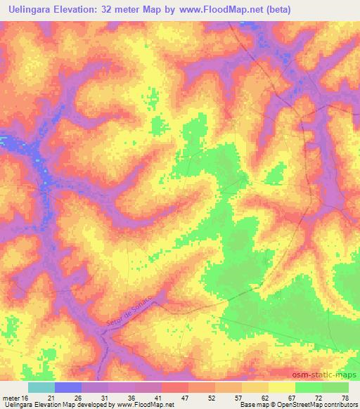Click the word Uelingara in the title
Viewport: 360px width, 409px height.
31,10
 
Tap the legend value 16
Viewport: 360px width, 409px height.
25,397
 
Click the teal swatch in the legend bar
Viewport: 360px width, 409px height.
41,387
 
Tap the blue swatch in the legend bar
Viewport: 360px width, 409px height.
68,387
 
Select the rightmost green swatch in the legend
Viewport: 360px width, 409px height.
335,387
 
